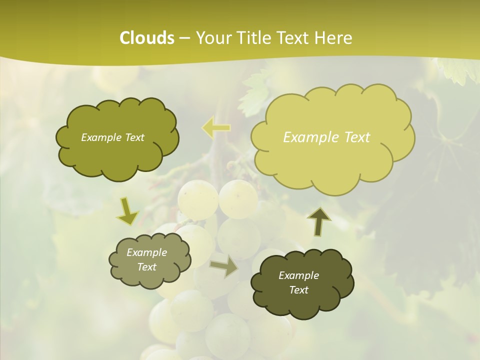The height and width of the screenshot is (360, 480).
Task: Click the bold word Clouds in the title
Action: (147, 38)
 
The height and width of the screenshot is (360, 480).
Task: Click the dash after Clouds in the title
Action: (184, 38)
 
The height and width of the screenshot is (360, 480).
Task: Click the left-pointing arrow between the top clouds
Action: (216, 128)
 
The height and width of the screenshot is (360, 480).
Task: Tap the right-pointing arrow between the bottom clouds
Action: (223, 267)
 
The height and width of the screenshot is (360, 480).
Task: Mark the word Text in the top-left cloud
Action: (134, 137)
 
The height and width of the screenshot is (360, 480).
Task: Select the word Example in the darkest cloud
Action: (298, 275)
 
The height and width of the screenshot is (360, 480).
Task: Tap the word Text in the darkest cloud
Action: (298, 290)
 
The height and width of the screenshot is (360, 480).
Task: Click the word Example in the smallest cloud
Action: (146, 252)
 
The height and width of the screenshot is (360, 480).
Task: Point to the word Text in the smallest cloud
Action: (146, 267)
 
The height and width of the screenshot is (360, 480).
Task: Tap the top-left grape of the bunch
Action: (197, 197)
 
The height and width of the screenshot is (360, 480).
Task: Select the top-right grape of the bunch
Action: (238, 198)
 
